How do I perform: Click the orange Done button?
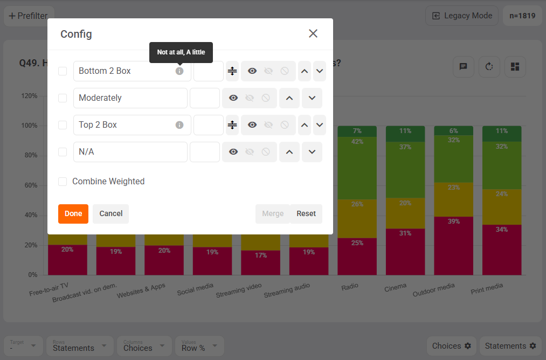click(x=73, y=213)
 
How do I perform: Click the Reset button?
click(x=306, y=213)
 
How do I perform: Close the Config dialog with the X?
click(x=313, y=33)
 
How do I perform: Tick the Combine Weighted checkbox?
click(x=63, y=182)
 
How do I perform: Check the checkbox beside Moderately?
click(x=63, y=98)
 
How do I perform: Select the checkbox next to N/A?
click(x=63, y=152)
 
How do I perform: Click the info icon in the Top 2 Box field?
click(x=179, y=125)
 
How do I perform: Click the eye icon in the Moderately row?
click(x=233, y=98)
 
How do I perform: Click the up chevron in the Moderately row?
click(x=289, y=98)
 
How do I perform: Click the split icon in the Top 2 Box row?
click(x=232, y=125)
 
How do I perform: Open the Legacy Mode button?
click(x=462, y=16)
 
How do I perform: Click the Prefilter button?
click(x=28, y=16)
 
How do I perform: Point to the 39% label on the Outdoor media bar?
click(x=453, y=221)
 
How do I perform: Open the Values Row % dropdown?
click(x=199, y=345)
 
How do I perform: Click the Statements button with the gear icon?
click(x=510, y=345)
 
